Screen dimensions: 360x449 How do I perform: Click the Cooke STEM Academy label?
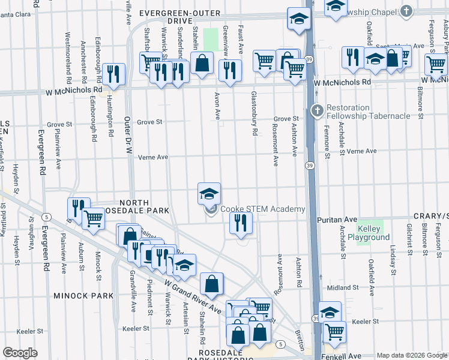[x=262, y=209]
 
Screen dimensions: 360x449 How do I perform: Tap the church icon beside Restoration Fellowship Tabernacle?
[x=318, y=110]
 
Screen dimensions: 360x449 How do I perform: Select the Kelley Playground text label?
[x=373, y=233]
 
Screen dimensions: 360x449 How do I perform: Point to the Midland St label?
[x=343, y=288]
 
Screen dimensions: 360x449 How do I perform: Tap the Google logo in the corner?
[x=20, y=353]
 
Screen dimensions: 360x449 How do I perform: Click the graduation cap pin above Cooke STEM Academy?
[x=209, y=194]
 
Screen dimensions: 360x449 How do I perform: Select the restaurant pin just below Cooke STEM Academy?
[x=241, y=224]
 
